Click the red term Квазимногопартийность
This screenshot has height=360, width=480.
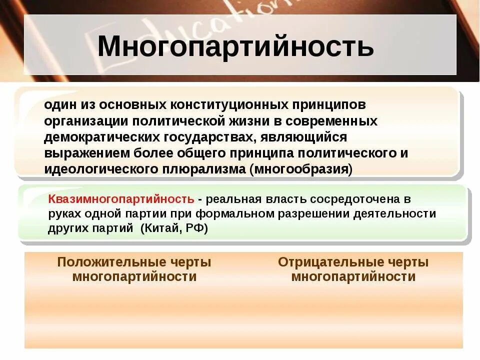121,199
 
